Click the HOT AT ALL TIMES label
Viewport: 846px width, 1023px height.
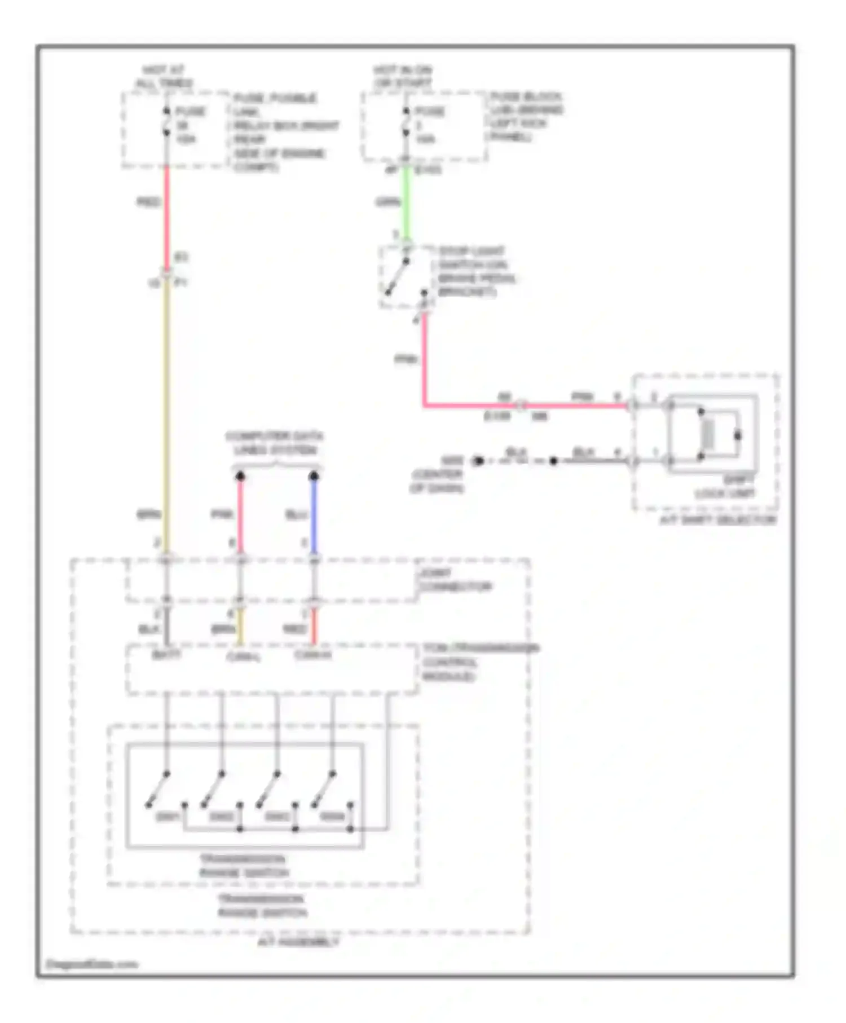tap(163, 77)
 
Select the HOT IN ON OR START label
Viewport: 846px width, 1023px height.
tap(402, 76)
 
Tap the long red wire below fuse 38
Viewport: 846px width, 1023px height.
tap(167, 217)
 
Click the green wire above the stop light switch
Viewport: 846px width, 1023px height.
tap(406, 203)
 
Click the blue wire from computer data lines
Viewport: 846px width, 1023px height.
tap(314, 514)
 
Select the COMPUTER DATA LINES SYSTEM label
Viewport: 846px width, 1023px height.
tap(275, 443)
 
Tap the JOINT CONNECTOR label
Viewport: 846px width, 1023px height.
tap(455, 580)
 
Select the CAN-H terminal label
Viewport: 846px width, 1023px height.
tap(313, 655)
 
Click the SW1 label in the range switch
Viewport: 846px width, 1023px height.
tap(168, 817)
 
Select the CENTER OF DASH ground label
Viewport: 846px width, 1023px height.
tap(437, 480)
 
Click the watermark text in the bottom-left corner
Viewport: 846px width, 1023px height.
tap(92, 964)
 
